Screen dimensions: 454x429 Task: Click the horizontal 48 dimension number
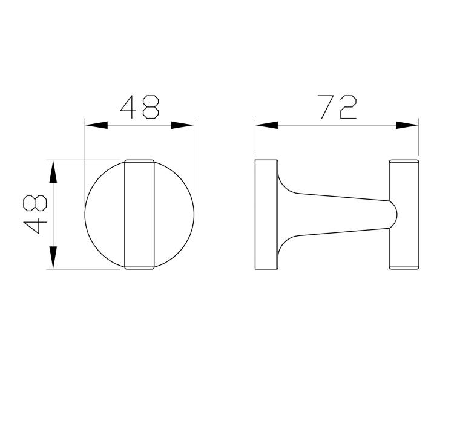tap(140, 107)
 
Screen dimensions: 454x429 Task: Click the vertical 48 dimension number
tap(35, 214)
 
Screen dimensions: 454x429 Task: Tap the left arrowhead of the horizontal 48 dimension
tap(96, 125)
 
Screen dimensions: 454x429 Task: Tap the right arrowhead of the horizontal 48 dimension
tap(182, 125)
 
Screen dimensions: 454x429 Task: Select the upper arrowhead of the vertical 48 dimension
tap(53, 172)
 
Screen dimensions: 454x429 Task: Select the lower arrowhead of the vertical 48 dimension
tap(53, 257)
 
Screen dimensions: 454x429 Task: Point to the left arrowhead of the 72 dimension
tap(267, 125)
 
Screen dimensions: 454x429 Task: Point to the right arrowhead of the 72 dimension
tap(407, 125)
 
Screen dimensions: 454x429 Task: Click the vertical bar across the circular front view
tap(139, 214)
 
